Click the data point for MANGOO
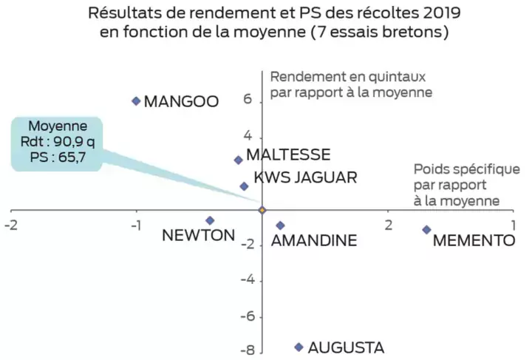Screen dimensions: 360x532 point(136,101)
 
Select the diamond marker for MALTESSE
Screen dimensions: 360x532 point(238,160)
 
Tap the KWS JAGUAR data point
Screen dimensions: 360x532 point(244,186)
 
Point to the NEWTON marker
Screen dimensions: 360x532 point(210,220)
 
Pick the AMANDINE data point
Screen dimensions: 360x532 point(280,225)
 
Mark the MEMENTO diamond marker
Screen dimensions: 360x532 point(426,230)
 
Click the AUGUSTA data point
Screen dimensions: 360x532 point(299,347)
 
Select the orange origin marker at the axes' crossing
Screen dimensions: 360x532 point(262,211)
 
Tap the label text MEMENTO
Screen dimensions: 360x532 point(473,240)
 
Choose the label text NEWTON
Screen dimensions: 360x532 point(198,236)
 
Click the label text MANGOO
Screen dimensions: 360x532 point(181,101)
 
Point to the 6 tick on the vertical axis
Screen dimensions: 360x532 point(248,100)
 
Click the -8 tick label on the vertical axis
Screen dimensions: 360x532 point(249,350)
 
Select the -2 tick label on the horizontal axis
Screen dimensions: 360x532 point(10,225)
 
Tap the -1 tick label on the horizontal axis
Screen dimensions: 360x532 point(135,225)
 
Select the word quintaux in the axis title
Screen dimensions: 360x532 point(382,77)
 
